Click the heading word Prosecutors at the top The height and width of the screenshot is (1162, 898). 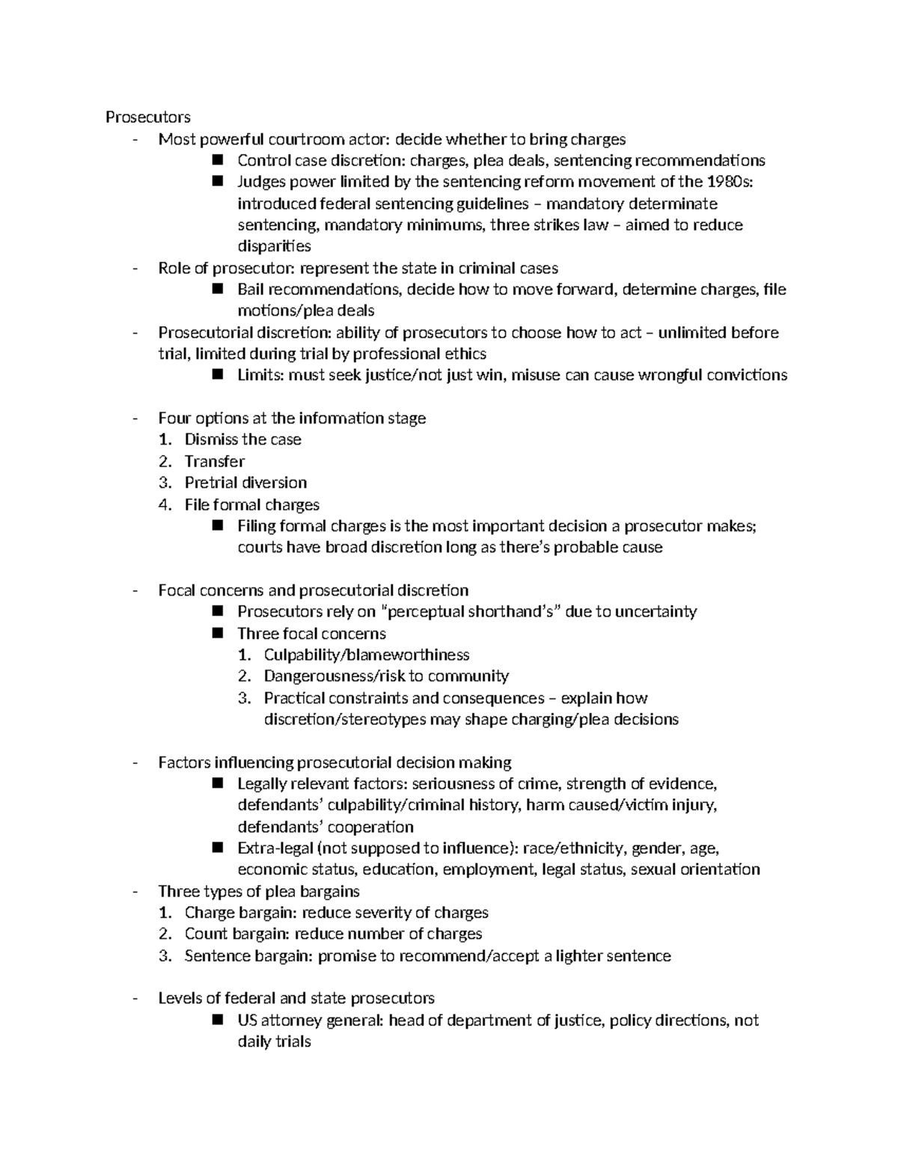147,117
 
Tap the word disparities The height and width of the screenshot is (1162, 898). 274,246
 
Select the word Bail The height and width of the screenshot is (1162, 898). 251,290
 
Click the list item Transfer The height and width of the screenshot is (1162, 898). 215,462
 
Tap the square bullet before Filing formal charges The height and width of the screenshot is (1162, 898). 219,526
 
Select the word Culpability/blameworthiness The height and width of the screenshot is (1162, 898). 367,655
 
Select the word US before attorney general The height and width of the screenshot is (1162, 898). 247,1021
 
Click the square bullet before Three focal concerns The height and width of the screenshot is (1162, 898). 219,634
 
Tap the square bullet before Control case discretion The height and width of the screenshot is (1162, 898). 219,160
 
